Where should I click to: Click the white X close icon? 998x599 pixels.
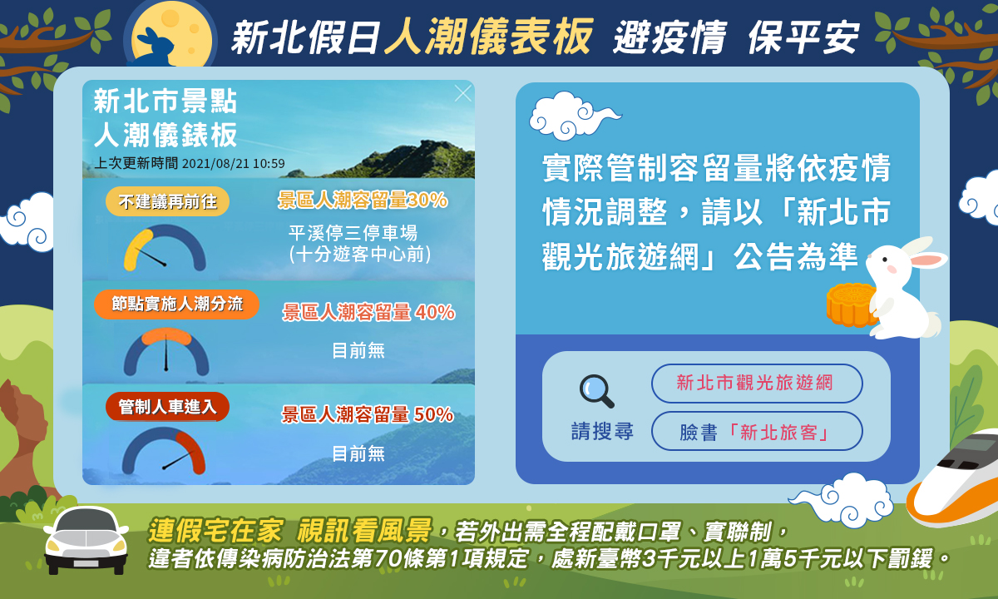pos(463,93)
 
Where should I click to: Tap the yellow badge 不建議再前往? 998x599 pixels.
pos(167,201)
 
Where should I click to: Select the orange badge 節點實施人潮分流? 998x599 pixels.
pos(176,304)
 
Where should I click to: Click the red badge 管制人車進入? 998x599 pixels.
pos(167,407)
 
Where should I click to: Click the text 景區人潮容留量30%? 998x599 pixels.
pos(363,200)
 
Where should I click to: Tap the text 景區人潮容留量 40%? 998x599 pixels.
pos(368,312)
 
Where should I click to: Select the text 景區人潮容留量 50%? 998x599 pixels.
pos(368,414)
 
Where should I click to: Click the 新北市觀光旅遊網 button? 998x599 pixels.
pos(757,383)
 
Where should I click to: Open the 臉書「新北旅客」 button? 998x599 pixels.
pos(757,432)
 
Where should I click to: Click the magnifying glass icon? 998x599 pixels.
pos(596,391)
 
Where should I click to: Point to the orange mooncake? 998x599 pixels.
pos(850,304)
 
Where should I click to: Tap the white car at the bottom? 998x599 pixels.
pos(86,541)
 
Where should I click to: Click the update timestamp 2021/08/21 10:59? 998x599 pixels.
pos(234,164)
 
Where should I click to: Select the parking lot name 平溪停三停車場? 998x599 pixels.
pos(353,233)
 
